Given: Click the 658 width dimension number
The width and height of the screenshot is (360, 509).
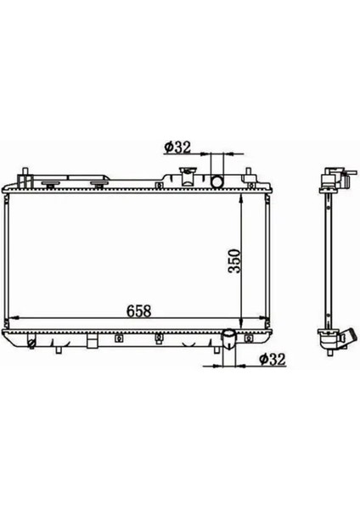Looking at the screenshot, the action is click(x=138, y=310).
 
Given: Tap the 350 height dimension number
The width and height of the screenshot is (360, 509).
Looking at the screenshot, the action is click(x=234, y=260).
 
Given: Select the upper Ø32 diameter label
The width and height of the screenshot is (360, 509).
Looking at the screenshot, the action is click(x=177, y=148).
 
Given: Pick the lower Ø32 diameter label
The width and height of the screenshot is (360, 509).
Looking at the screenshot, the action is click(x=273, y=359).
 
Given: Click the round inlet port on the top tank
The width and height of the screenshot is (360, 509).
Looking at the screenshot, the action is click(x=217, y=182).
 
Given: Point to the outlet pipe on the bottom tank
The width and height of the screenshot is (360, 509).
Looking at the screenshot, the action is click(x=228, y=339).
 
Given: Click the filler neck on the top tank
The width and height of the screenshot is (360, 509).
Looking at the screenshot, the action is click(x=187, y=177).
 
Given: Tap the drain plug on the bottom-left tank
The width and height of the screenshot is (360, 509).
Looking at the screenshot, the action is click(x=31, y=344).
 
